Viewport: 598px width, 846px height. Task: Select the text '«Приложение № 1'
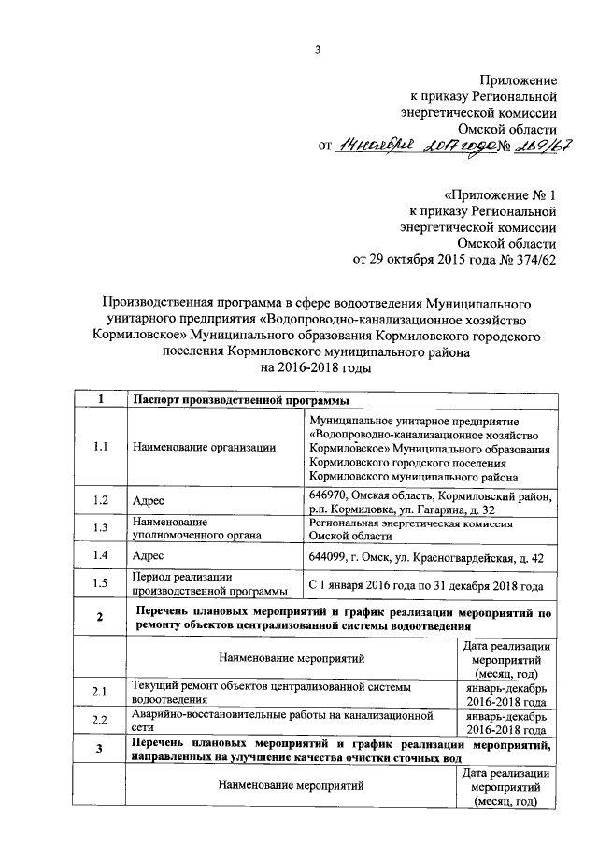pos(501,195)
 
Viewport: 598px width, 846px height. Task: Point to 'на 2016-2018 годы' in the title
pos(317,368)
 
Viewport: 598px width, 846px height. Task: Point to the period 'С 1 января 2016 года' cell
pos(425,586)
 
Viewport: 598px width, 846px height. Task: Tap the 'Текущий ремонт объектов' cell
pos(290,692)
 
